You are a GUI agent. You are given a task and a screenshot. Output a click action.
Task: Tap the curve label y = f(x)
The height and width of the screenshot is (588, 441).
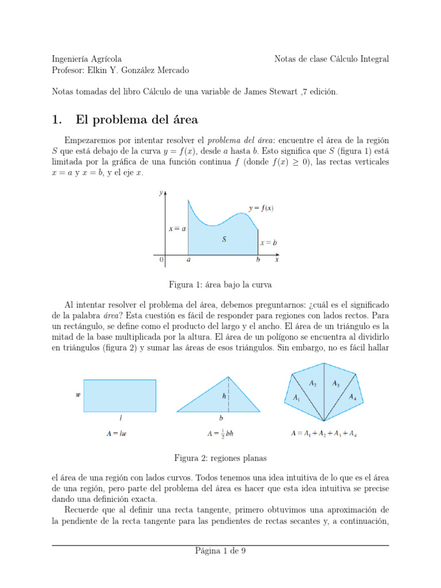coord(261,208)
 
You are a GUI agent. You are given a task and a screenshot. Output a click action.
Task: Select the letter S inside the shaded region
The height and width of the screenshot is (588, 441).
coord(224,239)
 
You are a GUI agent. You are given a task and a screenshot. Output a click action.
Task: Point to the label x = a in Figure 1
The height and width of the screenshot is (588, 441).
coord(176,229)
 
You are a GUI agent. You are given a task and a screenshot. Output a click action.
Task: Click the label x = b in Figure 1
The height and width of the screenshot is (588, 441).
coord(268,243)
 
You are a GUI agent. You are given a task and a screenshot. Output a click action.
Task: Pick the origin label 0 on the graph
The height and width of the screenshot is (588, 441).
coord(161,260)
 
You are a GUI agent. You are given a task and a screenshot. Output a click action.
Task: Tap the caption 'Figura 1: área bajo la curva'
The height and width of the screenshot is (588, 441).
coord(220,284)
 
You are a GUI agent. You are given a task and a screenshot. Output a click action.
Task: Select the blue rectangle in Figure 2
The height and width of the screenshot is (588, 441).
coord(119,396)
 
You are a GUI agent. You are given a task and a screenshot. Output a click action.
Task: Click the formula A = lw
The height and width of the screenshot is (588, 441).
coord(117,434)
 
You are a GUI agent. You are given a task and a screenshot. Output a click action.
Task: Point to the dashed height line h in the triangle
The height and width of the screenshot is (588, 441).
coord(229,394)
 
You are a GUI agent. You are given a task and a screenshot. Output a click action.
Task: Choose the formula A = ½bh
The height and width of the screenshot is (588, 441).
coord(220,434)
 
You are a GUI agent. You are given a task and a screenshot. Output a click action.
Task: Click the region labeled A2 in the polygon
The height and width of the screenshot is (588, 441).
coord(312,384)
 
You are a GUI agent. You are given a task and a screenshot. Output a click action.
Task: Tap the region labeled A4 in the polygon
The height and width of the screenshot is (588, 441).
coord(353,398)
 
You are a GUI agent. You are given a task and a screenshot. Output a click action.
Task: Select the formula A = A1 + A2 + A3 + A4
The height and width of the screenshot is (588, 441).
coord(324,434)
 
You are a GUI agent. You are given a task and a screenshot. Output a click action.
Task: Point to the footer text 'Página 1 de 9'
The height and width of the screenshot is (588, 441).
coord(220,551)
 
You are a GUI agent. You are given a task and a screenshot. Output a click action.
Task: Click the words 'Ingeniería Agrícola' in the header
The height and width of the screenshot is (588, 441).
coord(86,59)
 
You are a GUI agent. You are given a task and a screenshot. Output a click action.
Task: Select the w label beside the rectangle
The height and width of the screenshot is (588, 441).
coord(78,395)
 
